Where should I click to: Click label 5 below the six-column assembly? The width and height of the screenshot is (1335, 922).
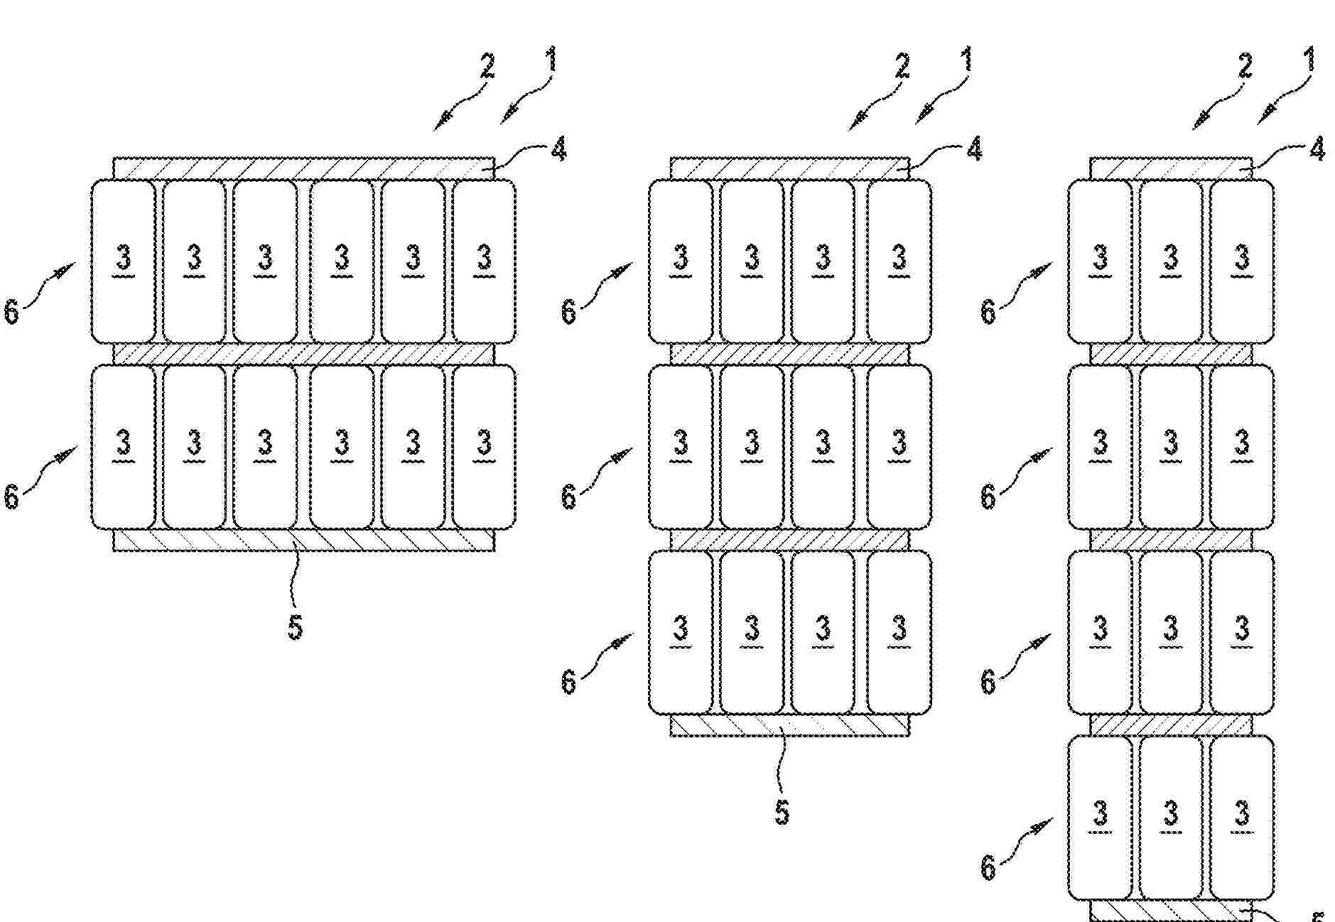click(295, 627)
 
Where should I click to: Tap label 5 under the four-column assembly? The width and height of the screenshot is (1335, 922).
click(782, 812)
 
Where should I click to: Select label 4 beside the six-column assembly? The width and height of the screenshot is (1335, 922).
click(558, 149)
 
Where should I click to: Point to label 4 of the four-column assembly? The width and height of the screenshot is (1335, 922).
click(974, 149)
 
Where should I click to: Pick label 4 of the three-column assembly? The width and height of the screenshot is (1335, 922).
click(1317, 149)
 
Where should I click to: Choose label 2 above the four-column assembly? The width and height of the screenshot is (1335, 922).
click(902, 67)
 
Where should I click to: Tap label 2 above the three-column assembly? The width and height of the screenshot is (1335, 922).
click(1245, 67)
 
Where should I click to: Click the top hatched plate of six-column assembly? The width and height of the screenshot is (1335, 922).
click(303, 168)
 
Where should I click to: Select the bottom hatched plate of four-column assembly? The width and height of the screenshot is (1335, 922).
click(789, 725)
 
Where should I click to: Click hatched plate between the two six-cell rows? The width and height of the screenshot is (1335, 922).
click(303, 354)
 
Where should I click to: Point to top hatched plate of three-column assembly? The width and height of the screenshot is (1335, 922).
click(1171, 168)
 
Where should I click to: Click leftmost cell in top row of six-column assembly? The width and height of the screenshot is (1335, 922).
click(124, 261)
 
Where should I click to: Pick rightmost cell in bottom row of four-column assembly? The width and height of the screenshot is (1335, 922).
click(899, 632)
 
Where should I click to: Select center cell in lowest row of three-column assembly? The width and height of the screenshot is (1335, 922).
click(1171, 817)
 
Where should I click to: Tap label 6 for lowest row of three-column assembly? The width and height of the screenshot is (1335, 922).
click(988, 867)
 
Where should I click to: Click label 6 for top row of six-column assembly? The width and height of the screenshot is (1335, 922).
click(11, 312)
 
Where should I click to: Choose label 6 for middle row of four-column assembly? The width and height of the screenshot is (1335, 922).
click(568, 497)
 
